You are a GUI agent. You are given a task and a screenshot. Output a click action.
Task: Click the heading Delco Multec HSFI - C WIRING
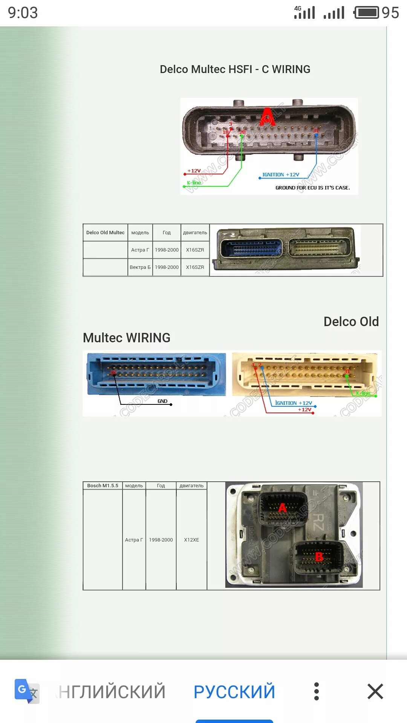click(x=235, y=69)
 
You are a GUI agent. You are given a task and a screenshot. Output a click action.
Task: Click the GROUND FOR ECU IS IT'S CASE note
click(x=312, y=188)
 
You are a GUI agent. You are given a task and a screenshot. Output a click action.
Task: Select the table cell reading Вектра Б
click(x=140, y=267)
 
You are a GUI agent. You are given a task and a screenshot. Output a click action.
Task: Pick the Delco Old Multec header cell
click(x=105, y=233)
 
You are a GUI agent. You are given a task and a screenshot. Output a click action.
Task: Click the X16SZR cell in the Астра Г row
click(x=195, y=250)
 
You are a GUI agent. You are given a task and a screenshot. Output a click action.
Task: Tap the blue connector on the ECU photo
click(x=252, y=249)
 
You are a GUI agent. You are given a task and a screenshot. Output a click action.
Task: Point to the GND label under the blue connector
click(x=162, y=401)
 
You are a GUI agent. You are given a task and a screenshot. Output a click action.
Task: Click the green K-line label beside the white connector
click(x=363, y=393)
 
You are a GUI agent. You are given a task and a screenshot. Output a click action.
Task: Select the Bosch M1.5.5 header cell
click(x=103, y=486)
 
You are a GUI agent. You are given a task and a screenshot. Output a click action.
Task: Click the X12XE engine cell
click(x=191, y=540)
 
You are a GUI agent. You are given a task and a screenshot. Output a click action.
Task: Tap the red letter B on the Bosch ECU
click(x=319, y=556)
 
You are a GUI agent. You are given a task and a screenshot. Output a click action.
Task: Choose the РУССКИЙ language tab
click(x=234, y=691)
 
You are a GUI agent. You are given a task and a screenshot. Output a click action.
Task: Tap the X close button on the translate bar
click(x=375, y=691)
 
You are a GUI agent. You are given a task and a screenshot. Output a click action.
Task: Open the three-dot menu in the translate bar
click(x=317, y=691)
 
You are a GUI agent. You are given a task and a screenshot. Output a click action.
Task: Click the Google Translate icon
click(x=27, y=691)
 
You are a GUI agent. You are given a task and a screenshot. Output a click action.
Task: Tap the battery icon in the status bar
click(x=367, y=12)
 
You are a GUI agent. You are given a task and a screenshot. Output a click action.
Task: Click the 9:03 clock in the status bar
click(x=23, y=13)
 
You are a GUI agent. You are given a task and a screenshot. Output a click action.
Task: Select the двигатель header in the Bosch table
click(x=191, y=486)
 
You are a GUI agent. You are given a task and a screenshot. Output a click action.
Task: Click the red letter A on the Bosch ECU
click(x=282, y=508)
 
